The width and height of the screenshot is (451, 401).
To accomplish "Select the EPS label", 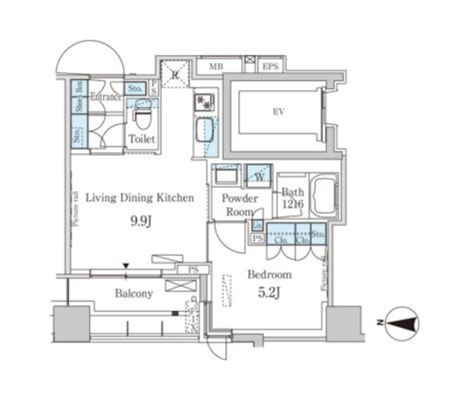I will coord(270,67).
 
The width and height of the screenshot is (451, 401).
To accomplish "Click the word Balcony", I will coord(134,294).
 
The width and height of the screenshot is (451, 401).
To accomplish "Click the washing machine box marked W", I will coord(259,176).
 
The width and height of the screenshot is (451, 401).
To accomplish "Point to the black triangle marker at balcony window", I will coord(126,266).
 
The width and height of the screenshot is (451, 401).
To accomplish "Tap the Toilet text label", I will coord(142,139).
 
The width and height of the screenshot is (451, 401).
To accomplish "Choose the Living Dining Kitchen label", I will coord(139,198).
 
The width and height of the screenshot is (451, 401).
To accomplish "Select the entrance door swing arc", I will coord(89,59).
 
